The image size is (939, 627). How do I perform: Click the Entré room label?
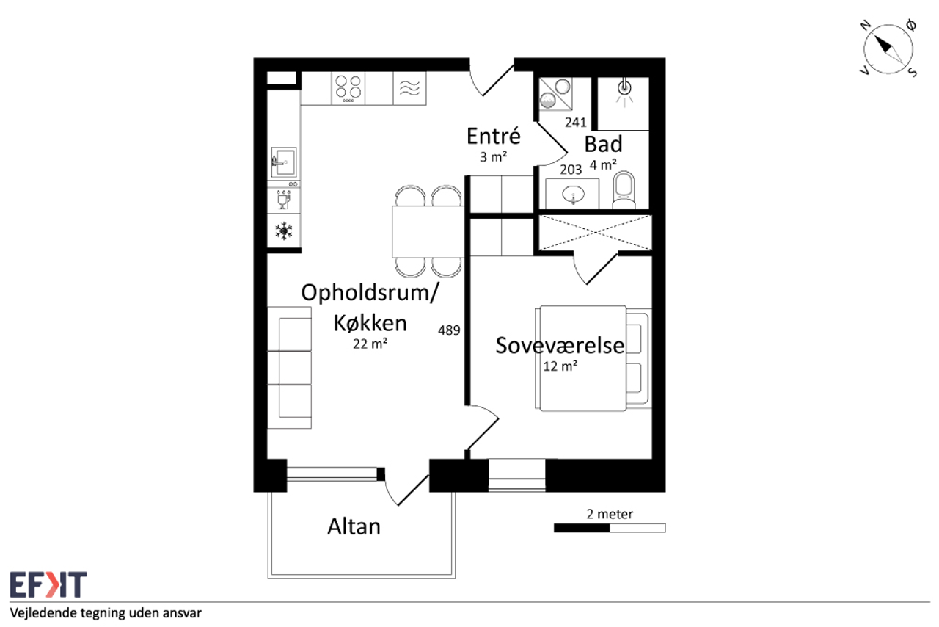[494, 136]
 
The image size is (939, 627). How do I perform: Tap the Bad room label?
[603, 144]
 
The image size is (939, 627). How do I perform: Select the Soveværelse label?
[560, 345]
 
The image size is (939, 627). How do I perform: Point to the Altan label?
[354, 526]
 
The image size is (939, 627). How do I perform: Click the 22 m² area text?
[370, 344]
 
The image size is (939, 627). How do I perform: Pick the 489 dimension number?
[449, 330]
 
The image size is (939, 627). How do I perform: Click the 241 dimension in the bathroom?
[576, 122]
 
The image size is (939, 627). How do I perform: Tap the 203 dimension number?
[571, 170]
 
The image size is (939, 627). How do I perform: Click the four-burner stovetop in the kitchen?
[348, 88]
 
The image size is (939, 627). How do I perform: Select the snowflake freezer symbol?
[284, 231]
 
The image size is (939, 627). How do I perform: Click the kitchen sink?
[284, 162]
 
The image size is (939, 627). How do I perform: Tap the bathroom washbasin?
[573, 195]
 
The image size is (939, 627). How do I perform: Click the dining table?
[428, 232]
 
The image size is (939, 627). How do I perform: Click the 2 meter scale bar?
[610, 528]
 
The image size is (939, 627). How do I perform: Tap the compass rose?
[888, 49]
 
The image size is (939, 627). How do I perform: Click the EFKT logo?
[48, 584]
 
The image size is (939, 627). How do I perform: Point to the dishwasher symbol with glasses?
[284, 200]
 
